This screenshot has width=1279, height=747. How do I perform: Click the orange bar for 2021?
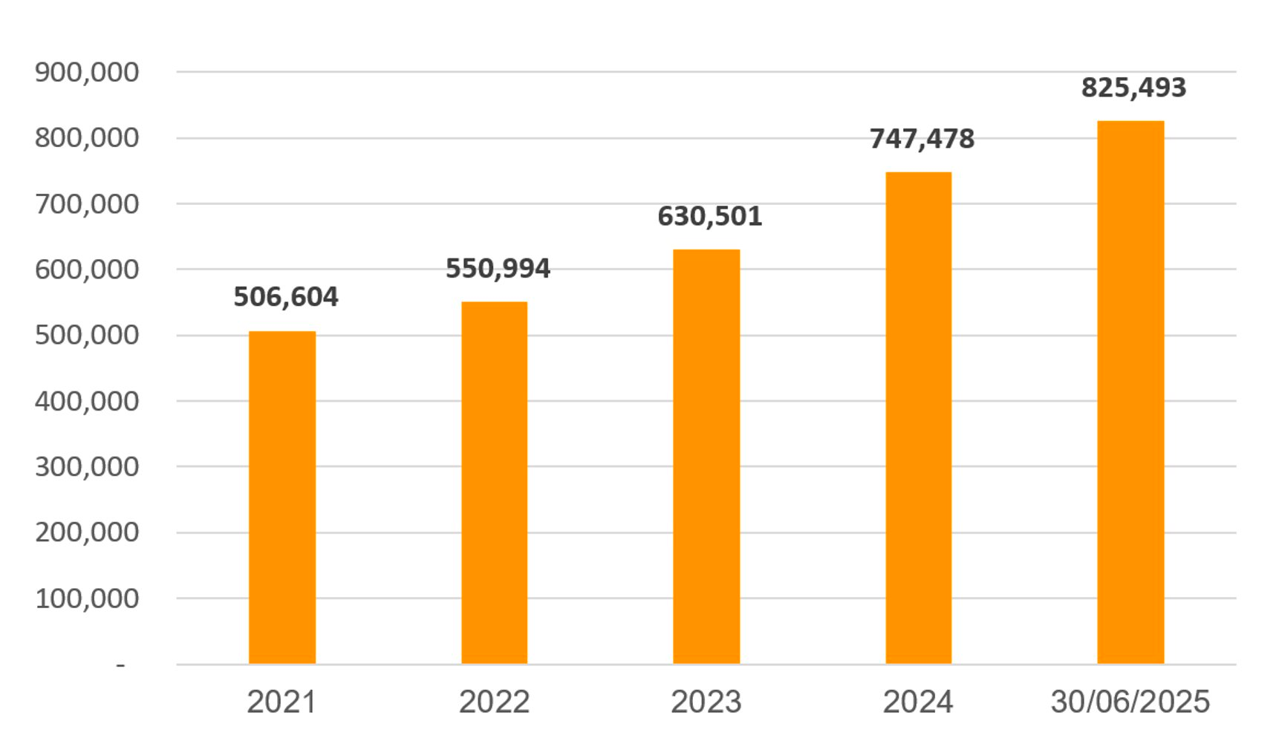click(x=281, y=497)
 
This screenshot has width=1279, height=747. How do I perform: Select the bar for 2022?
click(x=494, y=482)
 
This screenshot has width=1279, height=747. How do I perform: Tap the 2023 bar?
click(x=706, y=456)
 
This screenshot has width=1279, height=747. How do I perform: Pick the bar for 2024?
click(x=918, y=417)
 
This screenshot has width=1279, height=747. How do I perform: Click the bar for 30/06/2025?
click(x=1130, y=391)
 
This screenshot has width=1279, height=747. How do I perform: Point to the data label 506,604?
click(x=286, y=297)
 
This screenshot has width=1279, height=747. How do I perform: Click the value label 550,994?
click(x=498, y=268)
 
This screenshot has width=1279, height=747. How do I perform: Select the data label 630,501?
click(x=710, y=216)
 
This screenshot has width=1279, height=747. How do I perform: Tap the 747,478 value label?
click(x=922, y=139)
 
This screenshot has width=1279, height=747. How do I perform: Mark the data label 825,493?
click(x=1133, y=88)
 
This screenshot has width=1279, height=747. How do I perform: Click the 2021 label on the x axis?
click(x=281, y=702)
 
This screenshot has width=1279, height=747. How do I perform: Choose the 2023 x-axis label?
click(x=706, y=702)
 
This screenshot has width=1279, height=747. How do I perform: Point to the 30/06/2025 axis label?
click(x=1130, y=702)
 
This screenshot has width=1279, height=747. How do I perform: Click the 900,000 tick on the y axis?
click(x=87, y=73)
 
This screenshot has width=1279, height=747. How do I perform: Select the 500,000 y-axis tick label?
click(x=87, y=335)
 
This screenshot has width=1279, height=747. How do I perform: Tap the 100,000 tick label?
click(x=87, y=598)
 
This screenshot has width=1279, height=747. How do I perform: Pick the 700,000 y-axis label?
click(x=87, y=203)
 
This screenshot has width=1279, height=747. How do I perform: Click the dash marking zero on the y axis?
click(x=120, y=665)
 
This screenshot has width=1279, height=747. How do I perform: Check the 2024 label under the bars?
click(x=918, y=702)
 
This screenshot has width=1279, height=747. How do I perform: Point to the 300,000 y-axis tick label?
click(x=87, y=466)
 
